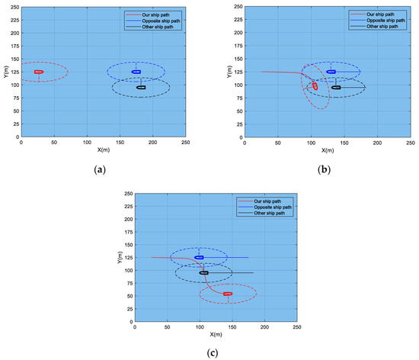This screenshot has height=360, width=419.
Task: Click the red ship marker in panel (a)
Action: pyautogui.click(x=38, y=72)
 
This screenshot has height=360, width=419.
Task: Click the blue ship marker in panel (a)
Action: pyautogui.click(x=136, y=72)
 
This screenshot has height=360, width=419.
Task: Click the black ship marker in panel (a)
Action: pyautogui.click(x=141, y=88)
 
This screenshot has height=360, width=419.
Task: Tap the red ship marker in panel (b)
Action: pyautogui.click(x=315, y=86)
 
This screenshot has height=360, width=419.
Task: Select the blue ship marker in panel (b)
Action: pyautogui.click(x=331, y=72)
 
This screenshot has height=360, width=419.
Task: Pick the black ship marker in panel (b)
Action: pyautogui.click(x=336, y=88)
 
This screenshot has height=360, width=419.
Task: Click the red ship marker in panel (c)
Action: pyautogui.click(x=228, y=294)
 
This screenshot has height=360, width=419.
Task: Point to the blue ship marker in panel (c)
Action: pyautogui.click(x=199, y=257)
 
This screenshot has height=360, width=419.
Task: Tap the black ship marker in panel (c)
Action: pyautogui.click(x=204, y=272)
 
